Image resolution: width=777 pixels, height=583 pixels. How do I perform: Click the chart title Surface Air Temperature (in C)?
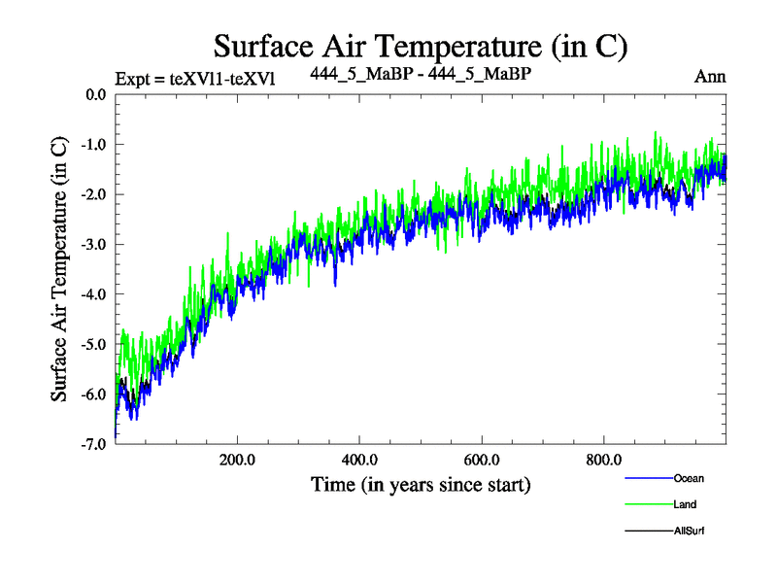tap(420, 46)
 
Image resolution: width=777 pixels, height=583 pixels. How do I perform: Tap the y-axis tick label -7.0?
tap(93, 444)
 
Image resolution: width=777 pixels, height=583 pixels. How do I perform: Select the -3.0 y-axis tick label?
tap(93, 245)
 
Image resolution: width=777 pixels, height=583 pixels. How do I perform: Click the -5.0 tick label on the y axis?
tap(93, 344)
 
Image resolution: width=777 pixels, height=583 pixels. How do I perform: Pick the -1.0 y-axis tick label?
tap(93, 145)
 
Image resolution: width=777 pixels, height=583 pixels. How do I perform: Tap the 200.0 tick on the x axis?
tap(236, 459)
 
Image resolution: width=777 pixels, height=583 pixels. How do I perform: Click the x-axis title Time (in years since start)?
tap(420, 483)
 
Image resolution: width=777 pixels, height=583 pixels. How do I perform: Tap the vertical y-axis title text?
tap(60, 269)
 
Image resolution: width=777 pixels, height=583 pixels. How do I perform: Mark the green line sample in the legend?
tap(646, 504)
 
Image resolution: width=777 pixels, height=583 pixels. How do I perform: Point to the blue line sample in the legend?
tap(646, 478)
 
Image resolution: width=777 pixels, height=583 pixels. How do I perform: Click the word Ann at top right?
tap(710, 77)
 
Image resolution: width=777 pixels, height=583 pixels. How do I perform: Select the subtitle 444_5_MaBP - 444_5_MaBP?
tap(420, 73)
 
